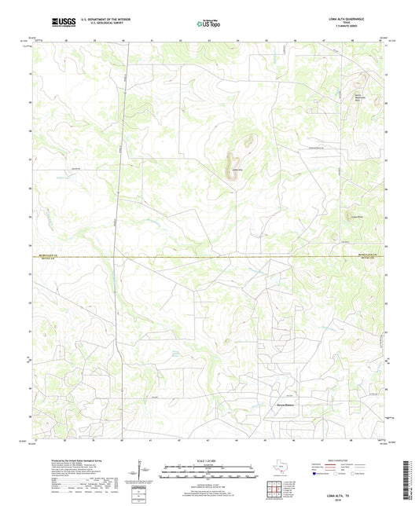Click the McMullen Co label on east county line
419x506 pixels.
(369, 255)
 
